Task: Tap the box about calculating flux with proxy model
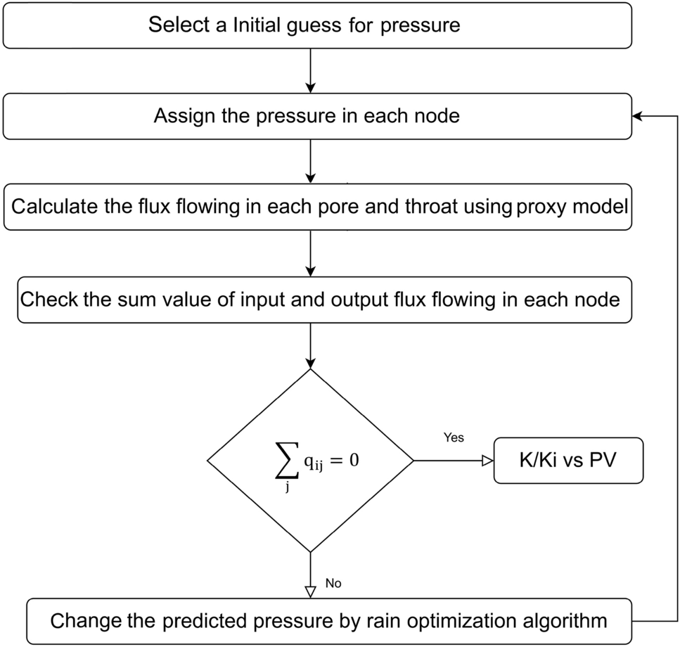316,207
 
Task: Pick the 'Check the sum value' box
320,300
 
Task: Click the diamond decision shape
310,461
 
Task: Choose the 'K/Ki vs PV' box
568,461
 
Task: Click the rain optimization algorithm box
329,621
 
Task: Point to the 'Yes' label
454,437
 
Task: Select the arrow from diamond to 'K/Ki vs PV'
453,461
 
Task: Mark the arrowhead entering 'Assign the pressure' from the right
636,116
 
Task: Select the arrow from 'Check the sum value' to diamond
310,345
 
